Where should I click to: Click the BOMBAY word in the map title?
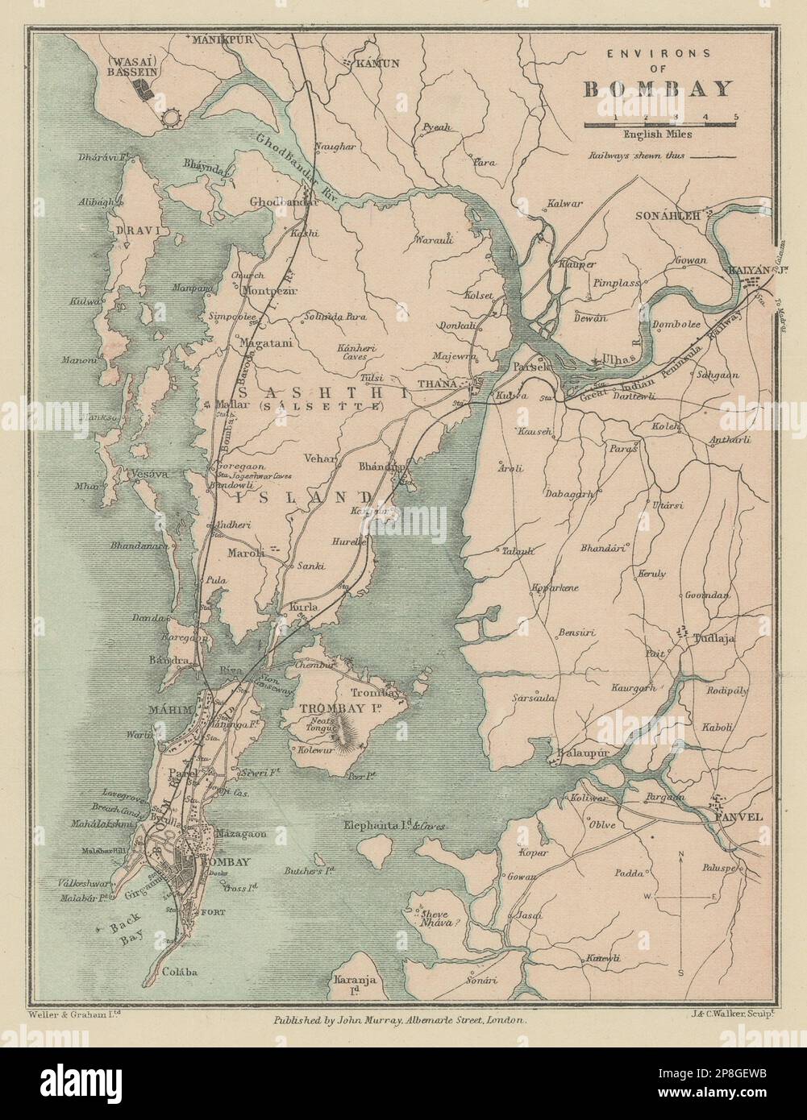tap(658, 89)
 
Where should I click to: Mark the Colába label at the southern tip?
tap(181, 972)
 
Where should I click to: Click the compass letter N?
tap(681, 853)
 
